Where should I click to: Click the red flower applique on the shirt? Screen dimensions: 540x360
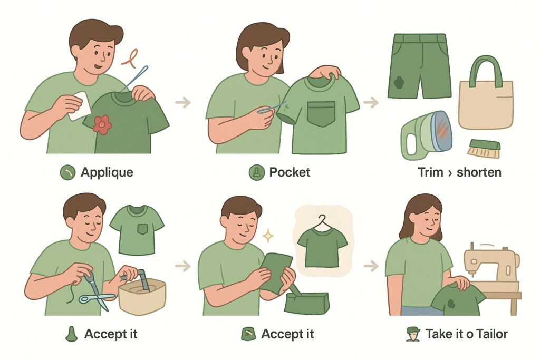click(102, 124)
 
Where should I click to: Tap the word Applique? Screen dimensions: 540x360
click(107, 172)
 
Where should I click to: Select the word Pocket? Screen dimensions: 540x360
click(290, 172)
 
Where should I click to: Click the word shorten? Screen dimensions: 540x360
click(479, 172)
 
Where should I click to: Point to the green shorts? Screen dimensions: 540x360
click(419, 65)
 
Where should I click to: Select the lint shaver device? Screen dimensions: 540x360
click(426, 135)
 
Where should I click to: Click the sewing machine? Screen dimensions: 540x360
click(492, 265)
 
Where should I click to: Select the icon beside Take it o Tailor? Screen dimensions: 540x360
click(413, 334)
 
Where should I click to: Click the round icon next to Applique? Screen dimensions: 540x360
click(68, 172)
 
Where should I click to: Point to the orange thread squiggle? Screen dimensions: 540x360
click(130, 58)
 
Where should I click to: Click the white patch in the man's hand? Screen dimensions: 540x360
click(79, 105)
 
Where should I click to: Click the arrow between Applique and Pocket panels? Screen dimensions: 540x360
click(183, 102)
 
